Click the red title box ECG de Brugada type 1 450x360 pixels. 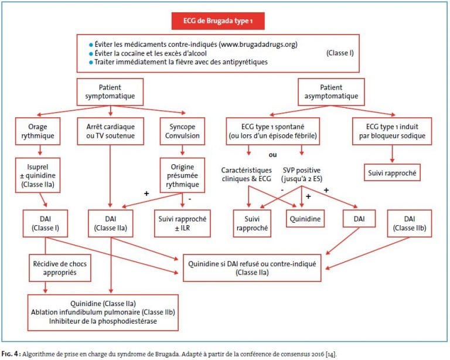click(218, 21)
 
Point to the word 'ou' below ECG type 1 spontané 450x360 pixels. click(272, 155)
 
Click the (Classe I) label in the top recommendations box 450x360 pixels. click(340, 53)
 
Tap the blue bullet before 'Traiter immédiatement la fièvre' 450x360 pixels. click(91, 62)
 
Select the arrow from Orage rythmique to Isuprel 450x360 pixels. click(40, 150)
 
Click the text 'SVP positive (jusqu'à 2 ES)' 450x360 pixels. click(302, 175)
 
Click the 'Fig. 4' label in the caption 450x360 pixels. click(11, 354)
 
